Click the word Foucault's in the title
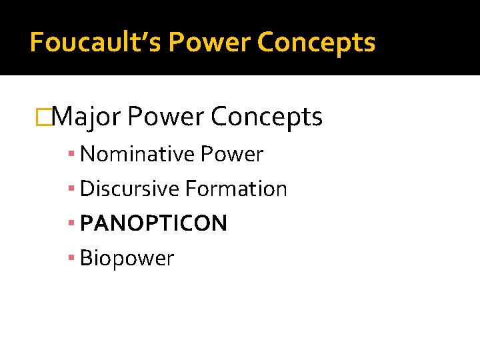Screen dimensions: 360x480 96,43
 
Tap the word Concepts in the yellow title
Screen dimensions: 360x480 316,43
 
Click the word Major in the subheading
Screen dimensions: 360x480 86,117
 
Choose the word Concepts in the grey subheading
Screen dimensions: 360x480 267,117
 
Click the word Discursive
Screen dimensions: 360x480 129,189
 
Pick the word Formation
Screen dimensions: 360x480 236,189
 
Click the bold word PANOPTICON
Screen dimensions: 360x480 153,224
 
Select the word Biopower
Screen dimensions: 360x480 127,259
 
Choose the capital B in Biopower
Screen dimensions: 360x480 85,258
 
